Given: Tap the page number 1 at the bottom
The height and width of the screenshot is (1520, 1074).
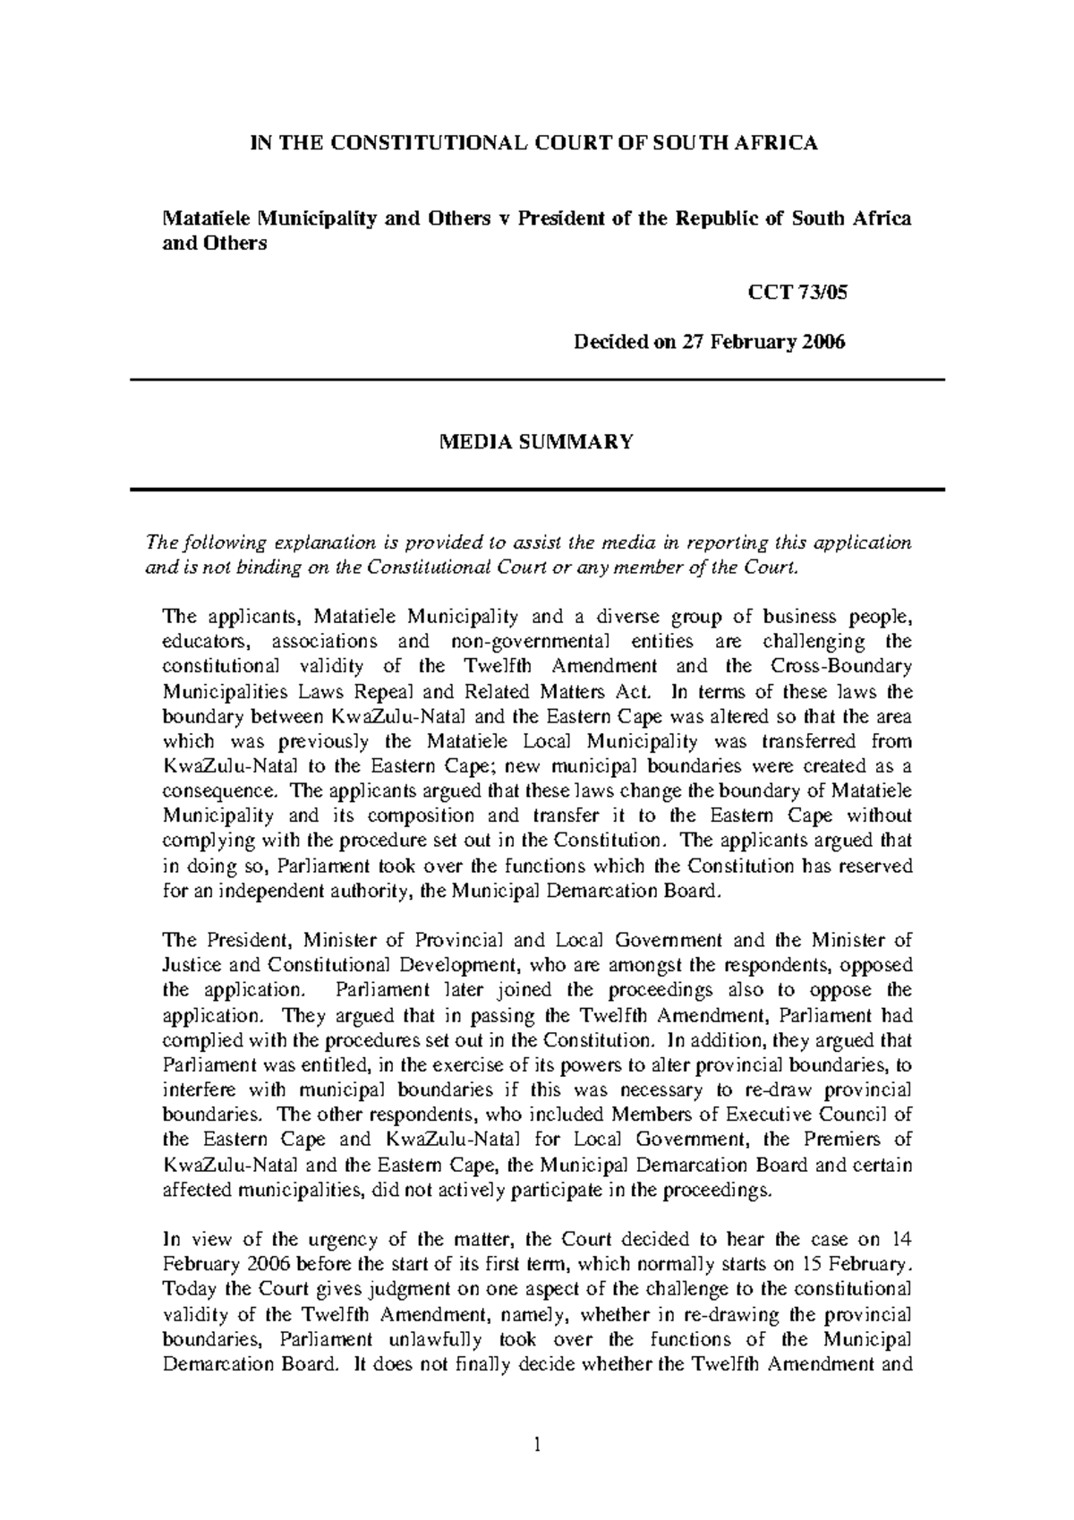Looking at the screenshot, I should pyautogui.click(x=537, y=1443).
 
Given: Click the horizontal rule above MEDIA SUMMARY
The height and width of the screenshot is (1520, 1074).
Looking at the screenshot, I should pyautogui.click(x=537, y=380).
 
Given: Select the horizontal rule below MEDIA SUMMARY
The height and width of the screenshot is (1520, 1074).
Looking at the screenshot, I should pyautogui.click(x=537, y=490).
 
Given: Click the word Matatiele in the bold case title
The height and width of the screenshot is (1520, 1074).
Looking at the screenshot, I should pyautogui.click(x=205, y=218).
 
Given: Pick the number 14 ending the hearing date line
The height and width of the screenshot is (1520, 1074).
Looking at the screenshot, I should pyautogui.click(x=902, y=1240).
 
